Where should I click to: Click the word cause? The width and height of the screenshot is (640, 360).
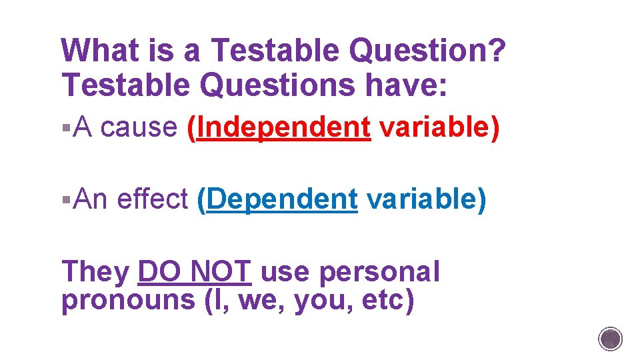tap(139, 126)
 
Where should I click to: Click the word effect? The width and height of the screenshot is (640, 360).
tap(152, 199)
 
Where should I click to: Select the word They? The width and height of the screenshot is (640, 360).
tap(95, 272)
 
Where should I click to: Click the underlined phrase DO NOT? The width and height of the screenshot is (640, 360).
tap(194, 272)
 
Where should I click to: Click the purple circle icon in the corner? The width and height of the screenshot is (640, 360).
tap(611, 339)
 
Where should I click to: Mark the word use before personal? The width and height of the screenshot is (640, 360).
tap(285, 272)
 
